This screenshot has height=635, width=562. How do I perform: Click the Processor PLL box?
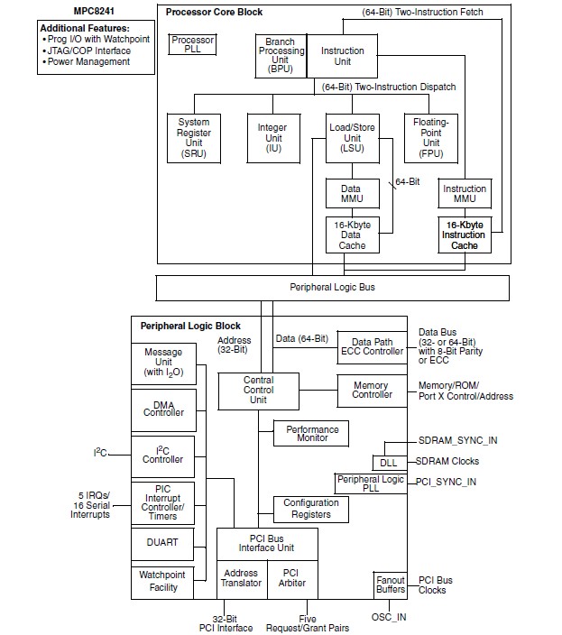click(x=192, y=45)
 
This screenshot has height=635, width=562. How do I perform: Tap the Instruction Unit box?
click(x=343, y=57)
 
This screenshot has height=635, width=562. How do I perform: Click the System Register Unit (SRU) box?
click(x=193, y=137)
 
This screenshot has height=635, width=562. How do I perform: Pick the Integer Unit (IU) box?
click(x=272, y=137)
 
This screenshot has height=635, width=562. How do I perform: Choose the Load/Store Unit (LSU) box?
click(x=353, y=137)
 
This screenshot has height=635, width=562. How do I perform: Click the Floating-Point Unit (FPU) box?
click(x=431, y=137)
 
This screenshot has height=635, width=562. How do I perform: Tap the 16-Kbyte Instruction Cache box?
click(x=465, y=235)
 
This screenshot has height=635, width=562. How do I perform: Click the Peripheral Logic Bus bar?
click(x=332, y=287)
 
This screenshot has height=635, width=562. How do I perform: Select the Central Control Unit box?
click(x=258, y=390)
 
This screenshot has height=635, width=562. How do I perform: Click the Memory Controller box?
click(x=372, y=390)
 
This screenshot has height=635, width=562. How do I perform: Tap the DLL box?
click(x=388, y=462)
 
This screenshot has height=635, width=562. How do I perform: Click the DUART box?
click(x=162, y=543)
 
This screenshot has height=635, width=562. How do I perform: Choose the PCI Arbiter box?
click(x=291, y=578)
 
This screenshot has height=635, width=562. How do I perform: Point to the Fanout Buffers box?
click(x=390, y=584)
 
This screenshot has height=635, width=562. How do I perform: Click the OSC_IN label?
click(x=389, y=617)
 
